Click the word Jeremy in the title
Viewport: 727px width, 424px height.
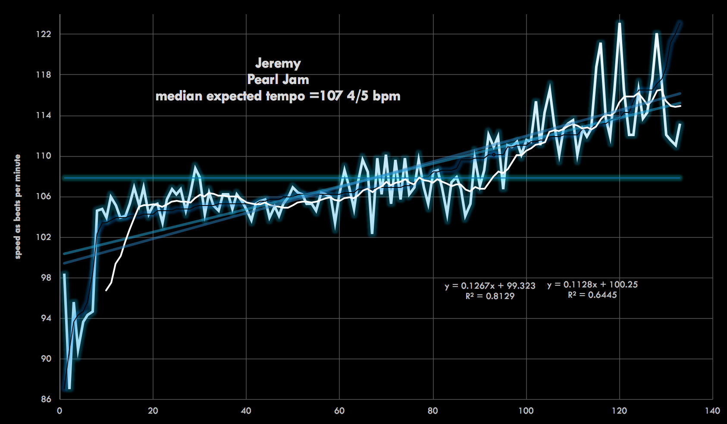[x=278, y=63]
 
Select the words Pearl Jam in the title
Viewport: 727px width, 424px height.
[x=278, y=80]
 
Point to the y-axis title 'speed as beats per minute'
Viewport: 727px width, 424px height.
[x=18, y=207]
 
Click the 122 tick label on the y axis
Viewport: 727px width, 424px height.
[x=43, y=34]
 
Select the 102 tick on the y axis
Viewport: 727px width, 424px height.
[x=43, y=237]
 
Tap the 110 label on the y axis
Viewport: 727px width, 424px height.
[x=43, y=156]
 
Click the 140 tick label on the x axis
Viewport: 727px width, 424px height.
[x=712, y=411]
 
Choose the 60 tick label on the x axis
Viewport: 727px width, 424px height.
[x=339, y=411]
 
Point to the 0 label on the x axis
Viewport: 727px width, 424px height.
[x=60, y=411]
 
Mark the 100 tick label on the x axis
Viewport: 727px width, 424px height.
[x=526, y=411]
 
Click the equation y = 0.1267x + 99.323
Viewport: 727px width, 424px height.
[x=490, y=286]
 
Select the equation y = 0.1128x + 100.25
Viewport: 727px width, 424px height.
[x=592, y=284]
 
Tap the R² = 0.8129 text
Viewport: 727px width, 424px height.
[x=490, y=296]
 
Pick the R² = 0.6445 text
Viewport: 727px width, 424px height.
[x=592, y=295]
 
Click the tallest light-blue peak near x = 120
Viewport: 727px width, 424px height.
[x=620, y=24]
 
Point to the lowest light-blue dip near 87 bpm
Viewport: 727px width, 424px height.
[x=69, y=388]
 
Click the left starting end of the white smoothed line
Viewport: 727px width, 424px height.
[x=107, y=290]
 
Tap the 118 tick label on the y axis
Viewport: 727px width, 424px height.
[x=43, y=75]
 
